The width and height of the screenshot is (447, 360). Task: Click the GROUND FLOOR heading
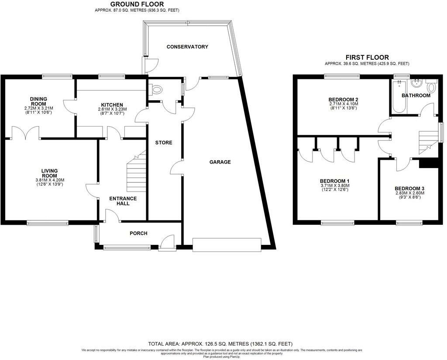click(x=137, y=4)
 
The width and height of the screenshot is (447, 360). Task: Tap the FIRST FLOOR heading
click(x=367, y=57)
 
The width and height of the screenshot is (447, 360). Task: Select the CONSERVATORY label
click(x=187, y=47)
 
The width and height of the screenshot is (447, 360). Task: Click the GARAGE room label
click(x=220, y=162)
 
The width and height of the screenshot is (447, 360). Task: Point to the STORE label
click(x=164, y=143)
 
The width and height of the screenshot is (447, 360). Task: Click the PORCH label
click(x=138, y=233)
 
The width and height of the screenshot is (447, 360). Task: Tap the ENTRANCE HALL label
click(x=123, y=201)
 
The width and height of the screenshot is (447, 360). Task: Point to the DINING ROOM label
click(x=38, y=102)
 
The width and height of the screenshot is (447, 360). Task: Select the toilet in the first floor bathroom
click(x=431, y=86)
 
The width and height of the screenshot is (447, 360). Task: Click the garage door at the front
click(x=227, y=244)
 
